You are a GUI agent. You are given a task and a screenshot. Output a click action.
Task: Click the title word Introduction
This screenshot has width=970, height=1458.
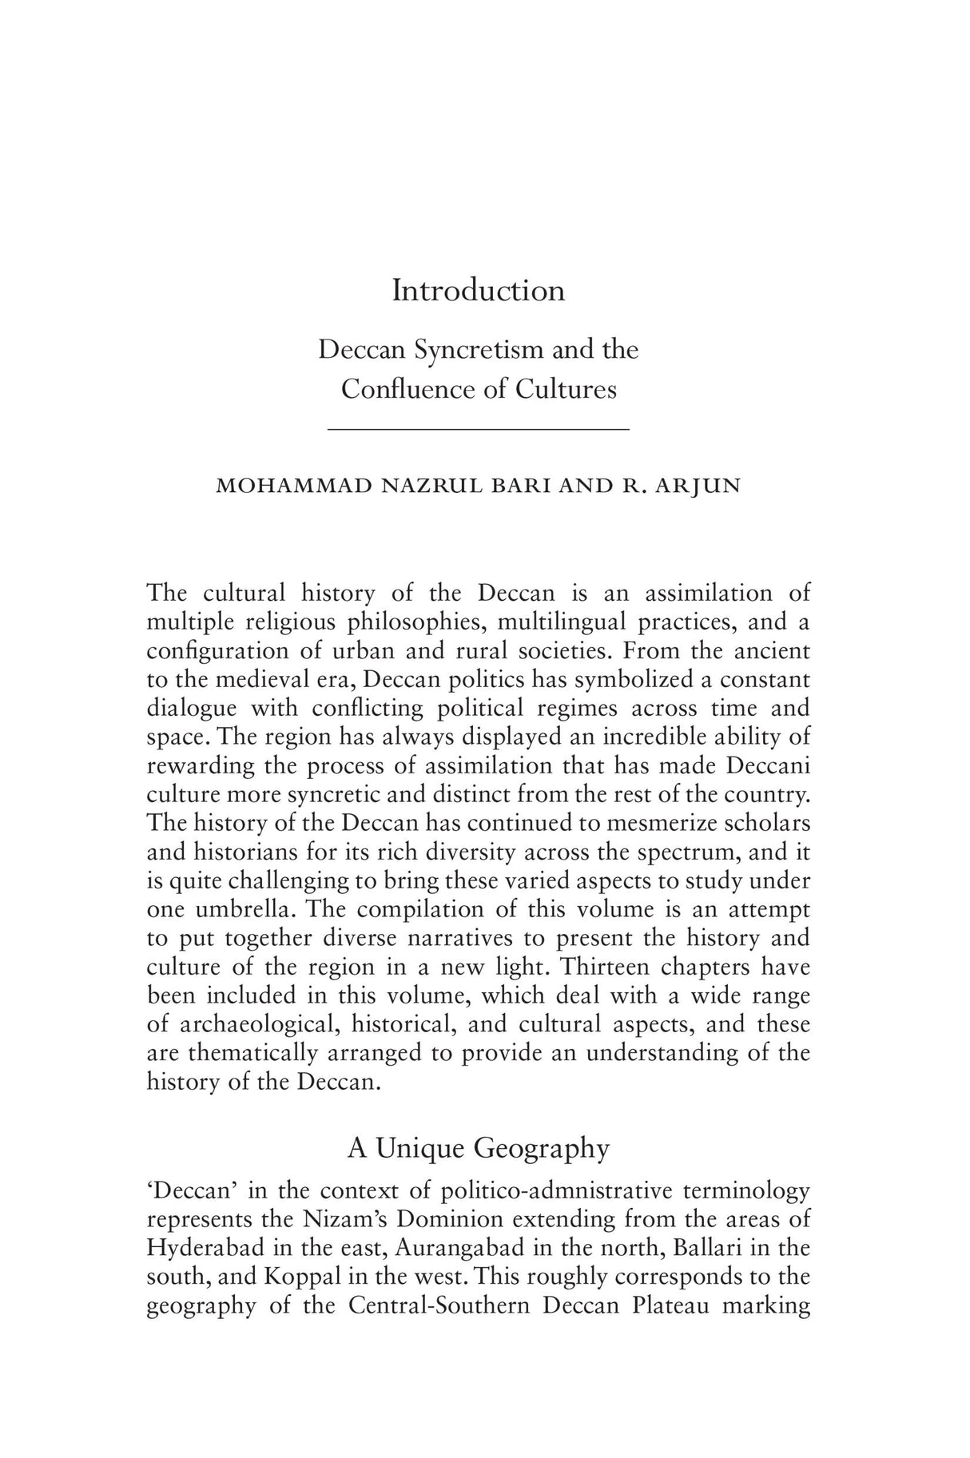pyautogui.click(x=478, y=290)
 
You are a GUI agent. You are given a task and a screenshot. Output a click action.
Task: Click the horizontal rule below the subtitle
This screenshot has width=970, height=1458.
pyautogui.click(x=479, y=431)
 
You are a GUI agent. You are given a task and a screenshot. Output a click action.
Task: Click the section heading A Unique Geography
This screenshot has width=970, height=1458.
pyautogui.click(x=478, y=1149)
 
